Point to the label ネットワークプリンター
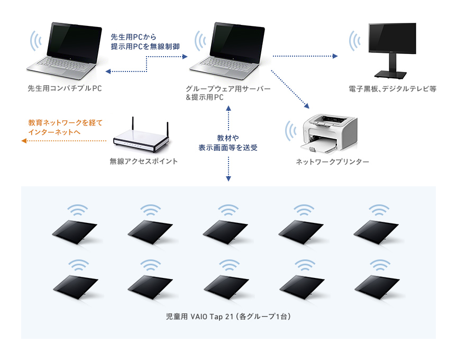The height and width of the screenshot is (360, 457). pos(332,161)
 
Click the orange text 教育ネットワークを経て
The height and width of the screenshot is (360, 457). pos(64,122)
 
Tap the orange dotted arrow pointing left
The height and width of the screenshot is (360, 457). pos(63,141)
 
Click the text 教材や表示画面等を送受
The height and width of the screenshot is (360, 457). pos(228,142)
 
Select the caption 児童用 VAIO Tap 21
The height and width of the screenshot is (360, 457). pos(227,317)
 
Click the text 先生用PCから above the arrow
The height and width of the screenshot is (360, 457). pos(133,38)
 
